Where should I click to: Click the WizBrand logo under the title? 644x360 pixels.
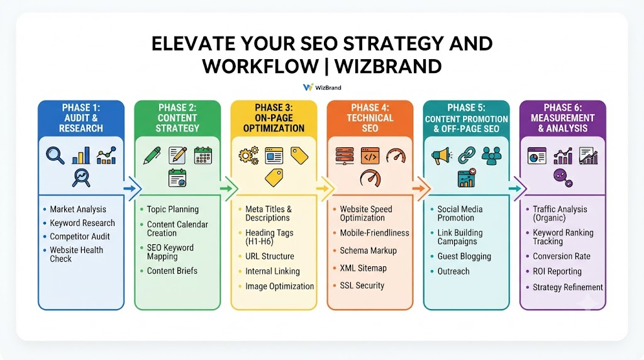coord(322,87)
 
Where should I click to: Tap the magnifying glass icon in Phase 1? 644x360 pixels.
coord(55,155)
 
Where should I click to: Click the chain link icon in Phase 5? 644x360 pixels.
coord(467,155)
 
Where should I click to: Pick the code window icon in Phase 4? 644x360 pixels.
coord(370,155)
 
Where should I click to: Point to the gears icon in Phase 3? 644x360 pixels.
coord(249,155)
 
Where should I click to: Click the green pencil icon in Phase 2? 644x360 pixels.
coord(152,155)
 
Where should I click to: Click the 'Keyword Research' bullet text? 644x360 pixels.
coord(82,223)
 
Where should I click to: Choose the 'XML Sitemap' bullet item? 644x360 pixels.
coord(363,268)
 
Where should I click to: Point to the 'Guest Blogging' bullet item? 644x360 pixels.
coord(464,256)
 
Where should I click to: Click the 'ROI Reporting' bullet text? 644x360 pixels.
coord(557,272)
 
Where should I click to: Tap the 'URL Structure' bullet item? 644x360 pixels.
coord(269,256)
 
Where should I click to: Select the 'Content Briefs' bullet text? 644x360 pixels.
coord(172,271)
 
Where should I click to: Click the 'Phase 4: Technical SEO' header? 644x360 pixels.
coord(370,118)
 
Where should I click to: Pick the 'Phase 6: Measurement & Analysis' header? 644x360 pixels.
coord(563,118)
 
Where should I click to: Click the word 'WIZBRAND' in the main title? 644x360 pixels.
coord(388,66)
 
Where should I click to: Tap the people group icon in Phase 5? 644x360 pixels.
coord(491,155)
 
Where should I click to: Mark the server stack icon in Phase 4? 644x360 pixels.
coord(345,155)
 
